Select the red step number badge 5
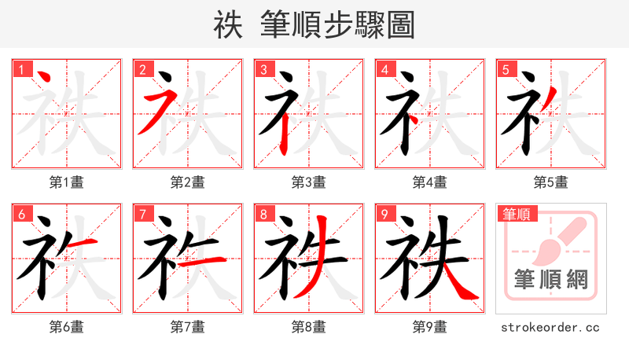coord(506,69)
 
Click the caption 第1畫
coord(66,182)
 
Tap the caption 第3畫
coord(308,182)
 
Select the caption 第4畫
coord(429,182)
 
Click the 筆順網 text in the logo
coord(550,280)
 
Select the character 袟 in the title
coord(227,25)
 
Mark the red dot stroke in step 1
coord(45,78)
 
